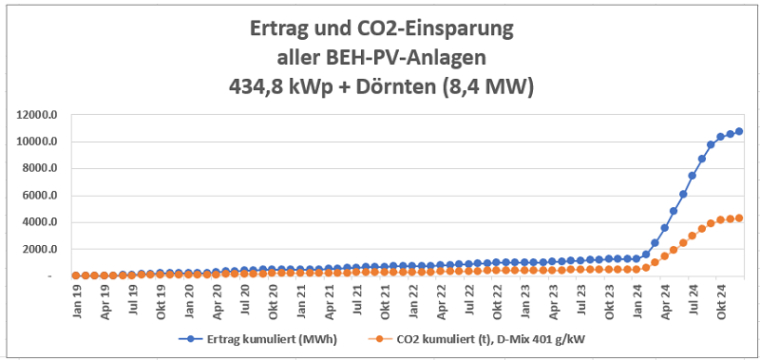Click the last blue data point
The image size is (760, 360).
pos(739,131)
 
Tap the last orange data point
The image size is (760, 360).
pos(739,218)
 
